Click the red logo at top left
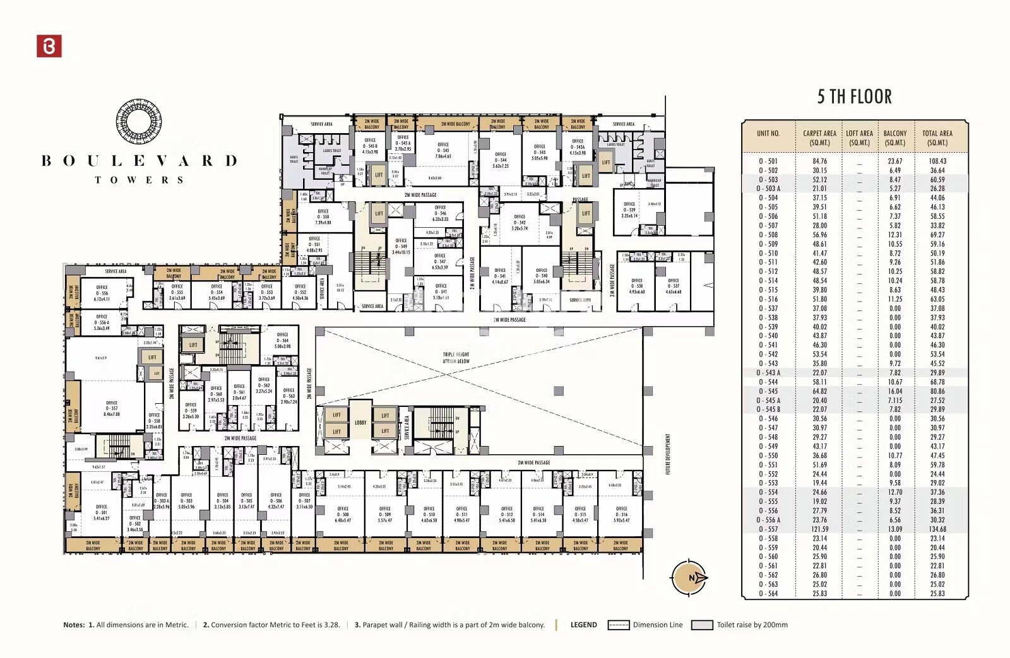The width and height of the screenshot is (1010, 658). (49, 46)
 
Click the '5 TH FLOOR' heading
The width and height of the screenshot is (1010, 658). (854, 97)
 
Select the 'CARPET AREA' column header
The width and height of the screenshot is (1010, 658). (819, 138)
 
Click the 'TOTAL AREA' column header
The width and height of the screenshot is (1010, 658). (937, 138)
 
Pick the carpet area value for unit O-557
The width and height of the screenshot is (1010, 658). (819, 529)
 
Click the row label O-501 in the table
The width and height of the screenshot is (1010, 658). (768, 162)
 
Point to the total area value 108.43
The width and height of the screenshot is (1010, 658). (937, 162)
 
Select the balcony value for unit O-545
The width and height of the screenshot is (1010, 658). (894, 391)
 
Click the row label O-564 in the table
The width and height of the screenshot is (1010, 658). (768, 594)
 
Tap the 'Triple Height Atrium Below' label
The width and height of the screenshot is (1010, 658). (456, 358)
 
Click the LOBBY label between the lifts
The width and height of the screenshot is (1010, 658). (360, 423)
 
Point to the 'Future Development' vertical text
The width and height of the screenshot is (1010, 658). (668, 454)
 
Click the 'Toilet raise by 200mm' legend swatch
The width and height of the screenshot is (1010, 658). (702, 625)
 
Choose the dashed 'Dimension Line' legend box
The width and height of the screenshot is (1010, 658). (618, 625)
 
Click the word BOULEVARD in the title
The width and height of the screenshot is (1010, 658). (139, 161)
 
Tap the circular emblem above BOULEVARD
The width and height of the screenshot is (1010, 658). (139, 123)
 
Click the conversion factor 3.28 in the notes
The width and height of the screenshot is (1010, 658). (331, 625)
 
